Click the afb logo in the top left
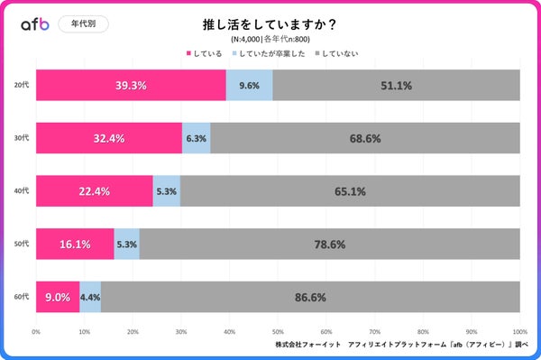coord(35,24)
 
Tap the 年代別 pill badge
coord(84,24)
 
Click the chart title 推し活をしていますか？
coord(270,24)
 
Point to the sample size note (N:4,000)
coord(270,40)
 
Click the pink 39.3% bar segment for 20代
coord(131,86)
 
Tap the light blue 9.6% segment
coord(249,86)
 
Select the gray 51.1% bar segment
coord(396,86)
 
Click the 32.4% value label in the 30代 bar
coord(108,139)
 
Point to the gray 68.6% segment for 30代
coord(365,139)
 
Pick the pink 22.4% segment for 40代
coord(94,191)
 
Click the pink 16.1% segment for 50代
coord(75,244)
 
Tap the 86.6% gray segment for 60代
coord(310,296)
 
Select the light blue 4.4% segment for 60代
coord(90,296)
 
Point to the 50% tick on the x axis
coord(278,331)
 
